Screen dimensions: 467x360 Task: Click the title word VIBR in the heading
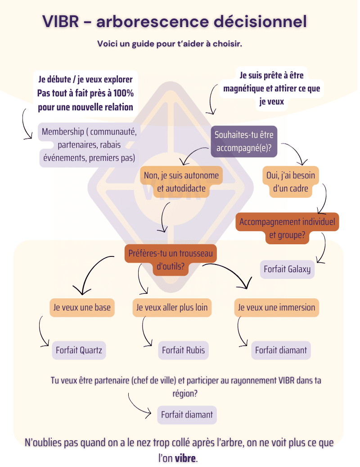pyautogui.click(x=61, y=21)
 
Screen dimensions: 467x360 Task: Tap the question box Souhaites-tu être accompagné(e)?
pyautogui.click(x=244, y=141)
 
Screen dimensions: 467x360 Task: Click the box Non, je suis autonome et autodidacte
pyautogui.click(x=181, y=182)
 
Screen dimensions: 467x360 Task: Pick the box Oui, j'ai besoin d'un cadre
pyautogui.click(x=291, y=182)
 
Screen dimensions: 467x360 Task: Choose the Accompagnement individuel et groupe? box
pyautogui.click(x=287, y=228)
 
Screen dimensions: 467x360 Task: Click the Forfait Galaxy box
pyautogui.click(x=287, y=269)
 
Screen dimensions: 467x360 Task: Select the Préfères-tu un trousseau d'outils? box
pyautogui.click(x=171, y=260)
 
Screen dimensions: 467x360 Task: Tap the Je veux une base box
pyautogui.click(x=82, y=308)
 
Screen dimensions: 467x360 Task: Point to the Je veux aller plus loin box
pyautogui.click(x=172, y=308)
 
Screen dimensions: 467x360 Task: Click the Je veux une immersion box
pyautogui.click(x=277, y=308)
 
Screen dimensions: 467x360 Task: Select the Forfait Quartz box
pyautogui.click(x=79, y=350)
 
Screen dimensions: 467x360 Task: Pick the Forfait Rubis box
pyautogui.click(x=183, y=350)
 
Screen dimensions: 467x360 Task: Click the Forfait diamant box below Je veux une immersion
pyautogui.click(x=281, y=350)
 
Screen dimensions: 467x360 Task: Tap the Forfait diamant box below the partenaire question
pyautogui.click(x=187, y=414)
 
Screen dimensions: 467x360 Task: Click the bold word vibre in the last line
pyautogui.click(x=185, y=458)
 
